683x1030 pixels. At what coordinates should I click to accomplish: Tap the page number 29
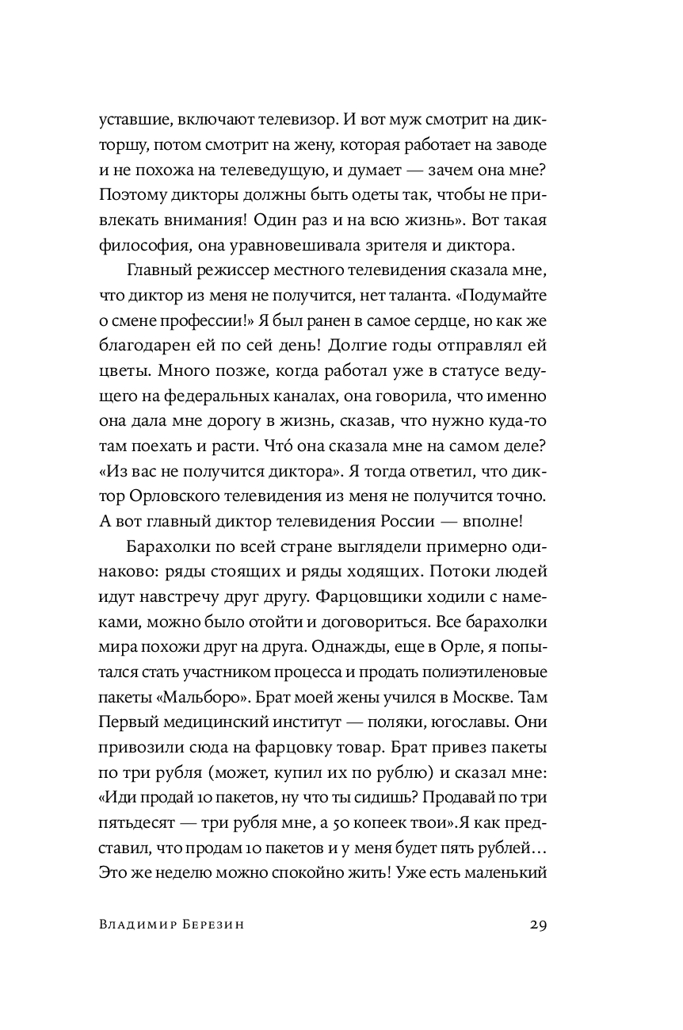537,926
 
